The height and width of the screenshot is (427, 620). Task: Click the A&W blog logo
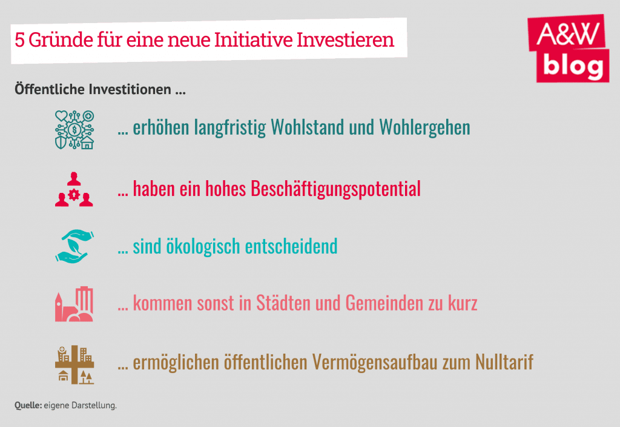coord(568,49)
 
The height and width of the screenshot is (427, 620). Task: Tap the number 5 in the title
coord(20,40)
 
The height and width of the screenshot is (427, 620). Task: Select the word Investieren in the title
coord(345,39)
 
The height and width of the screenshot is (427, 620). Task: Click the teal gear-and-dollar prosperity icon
coord(74,130)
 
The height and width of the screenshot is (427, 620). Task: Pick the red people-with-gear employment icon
coord(74,189)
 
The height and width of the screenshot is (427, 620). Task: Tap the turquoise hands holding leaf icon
coord(74,246)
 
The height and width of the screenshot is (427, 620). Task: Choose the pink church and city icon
coord(74,304)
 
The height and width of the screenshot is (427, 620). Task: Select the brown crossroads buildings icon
coord(74,365)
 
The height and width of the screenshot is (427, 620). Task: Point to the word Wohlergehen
coord(424,127)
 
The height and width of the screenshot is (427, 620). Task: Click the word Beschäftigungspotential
coord(335,189)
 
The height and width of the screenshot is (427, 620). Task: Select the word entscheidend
coord(291,246)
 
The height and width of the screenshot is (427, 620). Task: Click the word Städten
coord(283,303)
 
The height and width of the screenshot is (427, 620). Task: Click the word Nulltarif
coord(504,362)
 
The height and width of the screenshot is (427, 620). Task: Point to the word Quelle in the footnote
coord(28,405)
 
